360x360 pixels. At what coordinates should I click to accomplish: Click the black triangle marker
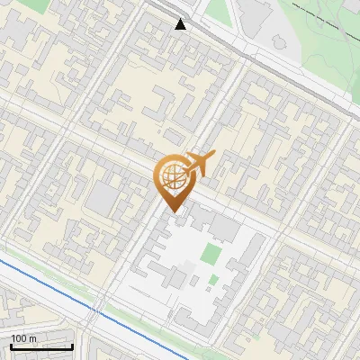181,24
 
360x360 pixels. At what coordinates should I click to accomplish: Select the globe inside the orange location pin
172,175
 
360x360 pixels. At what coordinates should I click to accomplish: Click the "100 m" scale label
24,338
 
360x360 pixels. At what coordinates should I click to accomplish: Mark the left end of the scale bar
11,346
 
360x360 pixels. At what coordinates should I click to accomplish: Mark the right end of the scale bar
72,346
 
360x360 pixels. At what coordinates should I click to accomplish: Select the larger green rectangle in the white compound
211,254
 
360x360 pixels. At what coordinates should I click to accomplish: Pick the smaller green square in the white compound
212,280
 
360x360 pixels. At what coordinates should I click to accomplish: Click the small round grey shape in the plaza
186,263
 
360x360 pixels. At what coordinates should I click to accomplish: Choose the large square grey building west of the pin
103,199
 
